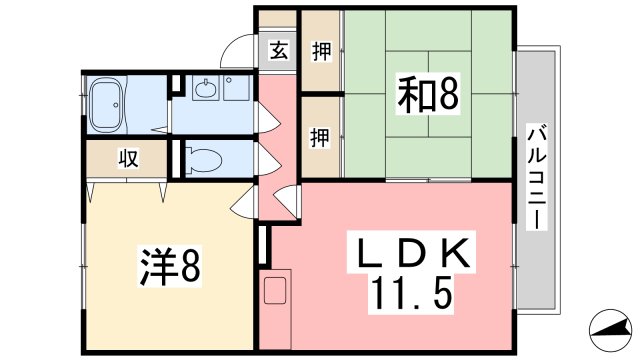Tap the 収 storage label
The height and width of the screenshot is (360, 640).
point(129,159)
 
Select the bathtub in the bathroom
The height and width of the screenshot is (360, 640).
point(109,104)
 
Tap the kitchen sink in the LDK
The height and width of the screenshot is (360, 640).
point(276,293)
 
